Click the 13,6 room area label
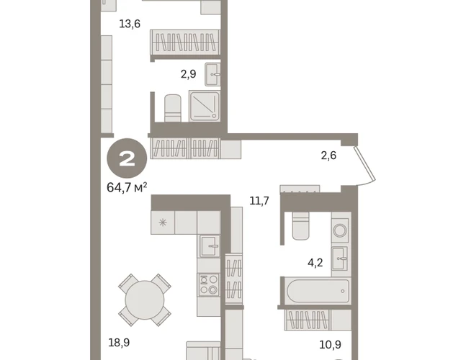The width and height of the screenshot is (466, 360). [x=130, y=24]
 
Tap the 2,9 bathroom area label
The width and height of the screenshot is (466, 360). [x=189, y=73]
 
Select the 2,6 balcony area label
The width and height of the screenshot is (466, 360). [x=328, y=156]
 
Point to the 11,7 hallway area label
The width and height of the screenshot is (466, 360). [x=259, y=201]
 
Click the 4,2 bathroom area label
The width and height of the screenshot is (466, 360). [x=315, y=263]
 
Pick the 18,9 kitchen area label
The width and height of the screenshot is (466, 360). [x=119, y=343]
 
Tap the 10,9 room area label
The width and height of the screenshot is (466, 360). [x=330, y=345]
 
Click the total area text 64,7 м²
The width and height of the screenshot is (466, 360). [x=127, y=187]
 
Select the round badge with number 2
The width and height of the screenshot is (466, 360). [x=127, y=158]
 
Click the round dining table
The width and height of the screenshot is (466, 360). [x=145, y=300]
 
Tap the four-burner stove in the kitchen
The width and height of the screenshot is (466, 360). [x=209, y=285]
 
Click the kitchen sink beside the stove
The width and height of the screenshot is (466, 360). [x=210, y=246]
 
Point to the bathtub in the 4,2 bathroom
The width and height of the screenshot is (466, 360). [x=318, y=291]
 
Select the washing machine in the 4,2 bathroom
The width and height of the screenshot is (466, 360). [x=340, y=230]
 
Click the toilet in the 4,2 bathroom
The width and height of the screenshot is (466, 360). [x=300, y=226]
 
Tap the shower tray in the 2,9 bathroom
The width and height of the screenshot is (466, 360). [x=205, y=106]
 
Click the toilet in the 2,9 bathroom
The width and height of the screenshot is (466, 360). [x=173, y=108]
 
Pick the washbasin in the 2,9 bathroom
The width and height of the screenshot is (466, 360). [x=212, y=74]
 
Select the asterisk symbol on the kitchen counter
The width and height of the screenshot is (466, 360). [x=163, y=222]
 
